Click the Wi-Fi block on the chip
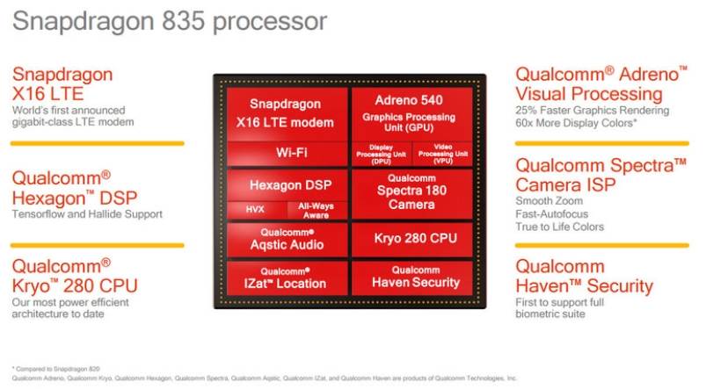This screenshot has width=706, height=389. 287,153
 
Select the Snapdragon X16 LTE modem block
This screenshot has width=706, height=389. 287,111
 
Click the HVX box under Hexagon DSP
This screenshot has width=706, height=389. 255,209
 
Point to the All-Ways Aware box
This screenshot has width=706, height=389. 316,209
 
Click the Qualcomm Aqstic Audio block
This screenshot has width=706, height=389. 287,239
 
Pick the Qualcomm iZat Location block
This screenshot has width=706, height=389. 287,277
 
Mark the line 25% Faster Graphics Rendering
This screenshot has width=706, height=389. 592,111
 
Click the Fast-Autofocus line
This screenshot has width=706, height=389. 554,213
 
